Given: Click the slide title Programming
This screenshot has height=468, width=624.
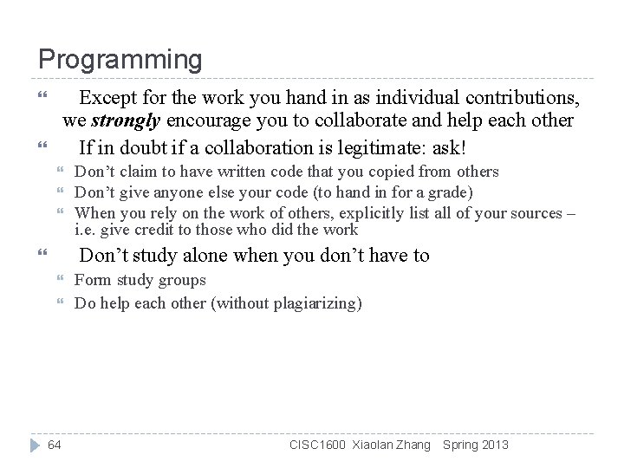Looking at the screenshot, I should point(120,60).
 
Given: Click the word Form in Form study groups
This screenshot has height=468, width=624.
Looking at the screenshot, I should point(90,280).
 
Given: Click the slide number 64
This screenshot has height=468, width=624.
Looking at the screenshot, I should point(55,445).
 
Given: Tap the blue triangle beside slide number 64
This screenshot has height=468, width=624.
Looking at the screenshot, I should point(32,445).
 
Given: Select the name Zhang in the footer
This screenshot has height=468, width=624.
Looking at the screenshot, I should point(412,445).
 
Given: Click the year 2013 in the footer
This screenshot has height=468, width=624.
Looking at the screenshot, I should point(494,445).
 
